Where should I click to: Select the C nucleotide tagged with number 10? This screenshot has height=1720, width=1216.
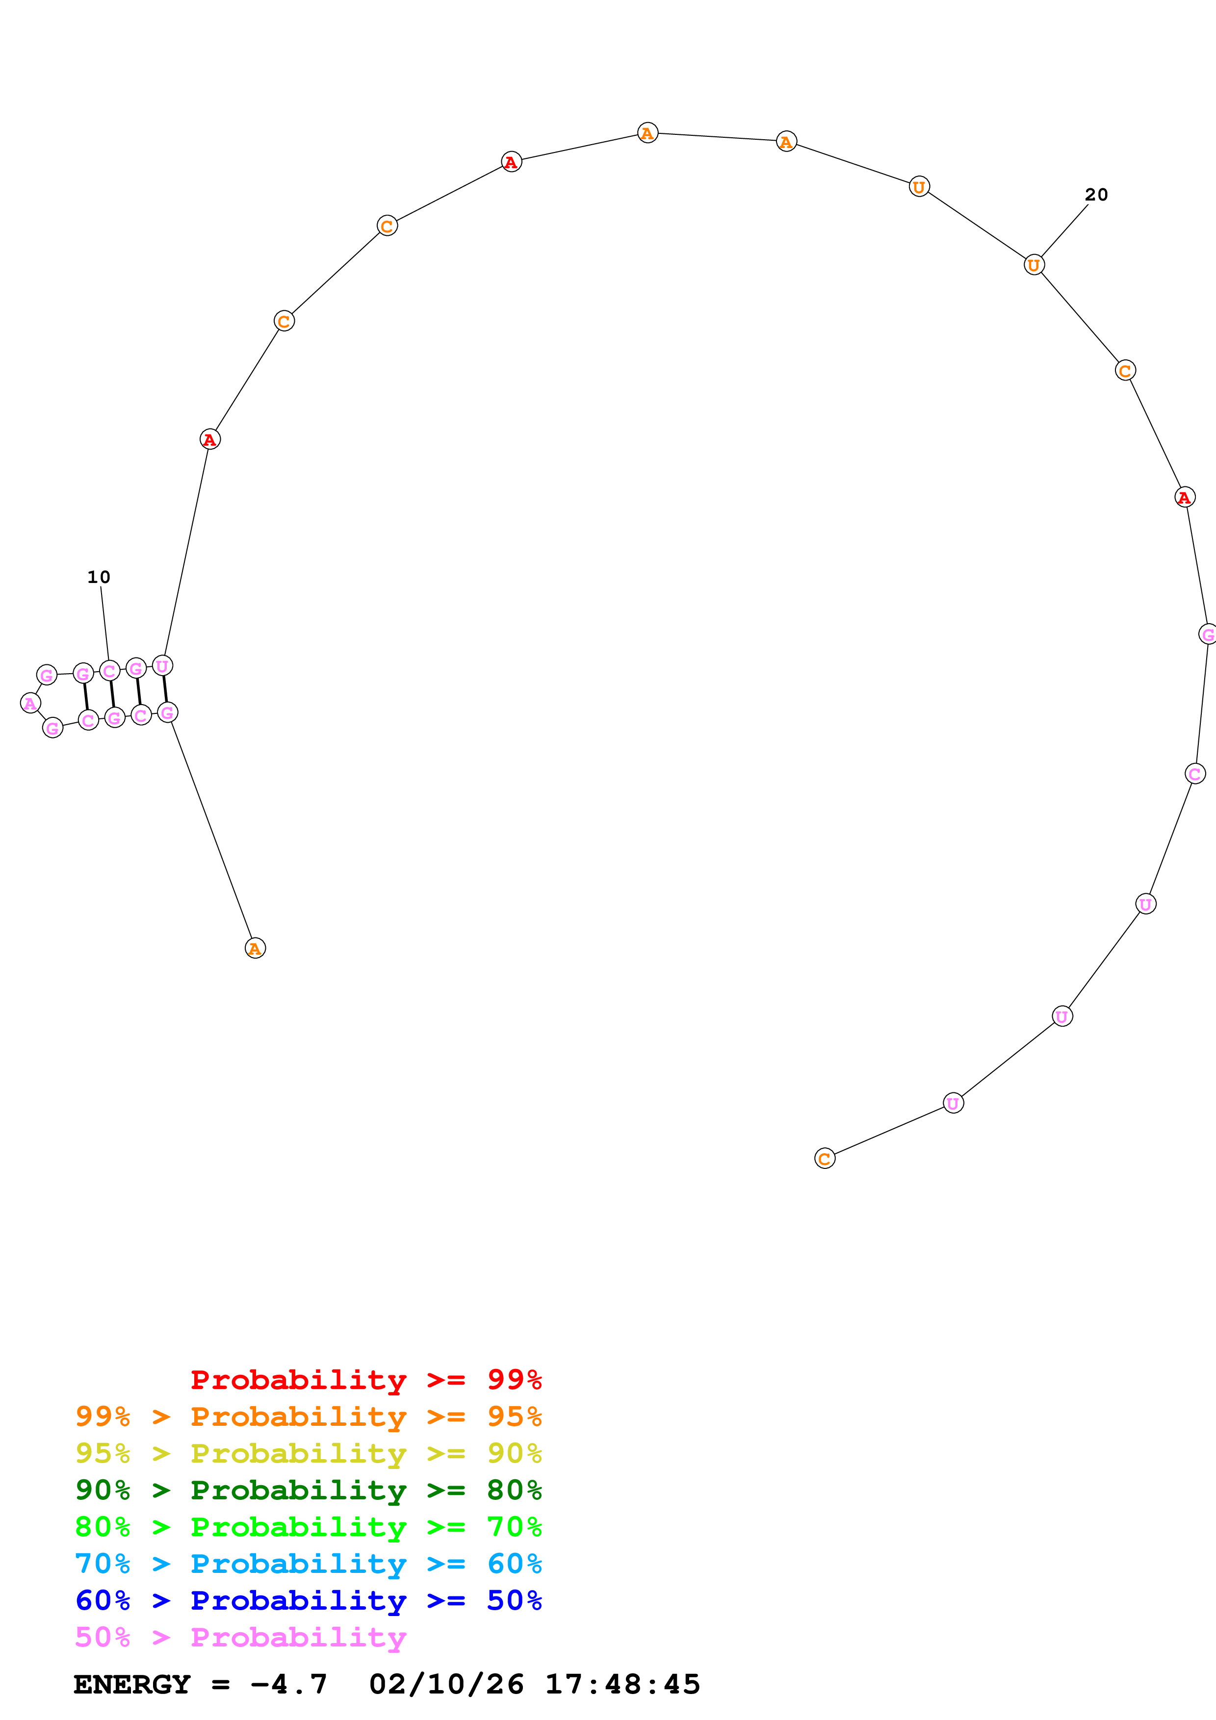click(x=109, y=670)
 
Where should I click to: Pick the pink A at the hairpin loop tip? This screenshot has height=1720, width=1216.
click(x=30, y=703)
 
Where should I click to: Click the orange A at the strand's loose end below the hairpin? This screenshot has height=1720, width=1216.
click(x=255, y=948)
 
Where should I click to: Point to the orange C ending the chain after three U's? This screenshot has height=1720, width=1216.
click(x=824, y=1158)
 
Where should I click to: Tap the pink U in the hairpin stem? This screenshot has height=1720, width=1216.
click(x=162, y=665)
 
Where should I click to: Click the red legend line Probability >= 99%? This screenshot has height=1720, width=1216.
click(x=365, y=1379)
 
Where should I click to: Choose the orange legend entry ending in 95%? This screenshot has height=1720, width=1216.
click(x=308, y=1416)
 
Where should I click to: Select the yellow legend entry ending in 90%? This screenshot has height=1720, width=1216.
click(x=308, y=1453)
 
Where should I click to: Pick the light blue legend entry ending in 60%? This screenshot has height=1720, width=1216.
click(x=308, y=1564)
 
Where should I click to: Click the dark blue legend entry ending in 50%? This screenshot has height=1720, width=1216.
click(x=308, y=1600)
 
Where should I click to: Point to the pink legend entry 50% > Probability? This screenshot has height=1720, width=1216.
click(x=240, y=1637)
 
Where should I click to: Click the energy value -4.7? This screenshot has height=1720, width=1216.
click(x=288, y=1684)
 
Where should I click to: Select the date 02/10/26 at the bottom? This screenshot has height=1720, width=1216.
click(x=446, y=1684)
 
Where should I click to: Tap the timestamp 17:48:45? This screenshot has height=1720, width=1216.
click(x=622, y=1684)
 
